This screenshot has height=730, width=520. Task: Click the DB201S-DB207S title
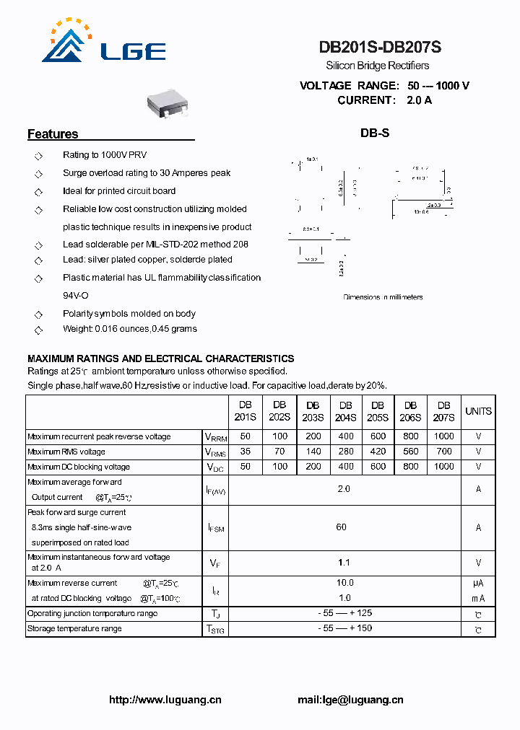[x=380, y=48]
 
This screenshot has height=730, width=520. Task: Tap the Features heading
[x=53, y=134]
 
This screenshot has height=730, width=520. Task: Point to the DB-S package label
[x=375, y=133]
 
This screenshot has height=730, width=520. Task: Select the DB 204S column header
[x=346, y=411]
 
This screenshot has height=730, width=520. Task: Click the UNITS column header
[x=478, y=411]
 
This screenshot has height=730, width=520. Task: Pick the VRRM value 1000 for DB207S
[x=444, y=436]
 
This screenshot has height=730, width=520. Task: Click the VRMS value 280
[x=346, y=452]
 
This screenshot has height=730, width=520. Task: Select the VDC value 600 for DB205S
[x=378, y=467]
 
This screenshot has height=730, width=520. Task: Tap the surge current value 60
[x=342, y=527]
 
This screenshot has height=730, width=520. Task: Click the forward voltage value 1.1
[x=344, y=562]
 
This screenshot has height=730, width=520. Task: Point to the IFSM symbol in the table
[x=215, y=528]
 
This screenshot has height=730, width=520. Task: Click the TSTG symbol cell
[x=215, y=629]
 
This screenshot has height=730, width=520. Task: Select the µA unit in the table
[x=478, y=584]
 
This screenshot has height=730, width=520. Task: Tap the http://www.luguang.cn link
[x=165, y=700]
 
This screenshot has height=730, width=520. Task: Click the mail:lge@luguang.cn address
[x=350, y=700]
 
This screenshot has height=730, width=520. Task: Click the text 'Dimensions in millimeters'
[x=383, y=297]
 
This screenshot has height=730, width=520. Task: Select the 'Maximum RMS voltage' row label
[x=66, y=452]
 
